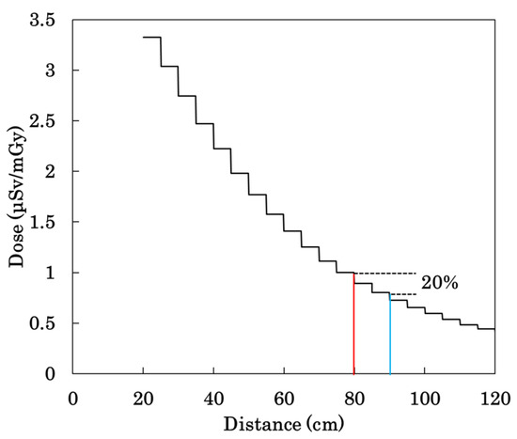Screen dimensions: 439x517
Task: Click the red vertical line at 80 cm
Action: (353, 324)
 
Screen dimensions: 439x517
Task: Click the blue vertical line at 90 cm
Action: (389, 335)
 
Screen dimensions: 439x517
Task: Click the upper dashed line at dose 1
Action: (385, 273)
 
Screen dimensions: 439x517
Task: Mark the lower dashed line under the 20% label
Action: (402, 294)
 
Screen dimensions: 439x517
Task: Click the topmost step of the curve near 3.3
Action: (151, 37)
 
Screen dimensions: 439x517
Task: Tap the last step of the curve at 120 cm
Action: (486, 329)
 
